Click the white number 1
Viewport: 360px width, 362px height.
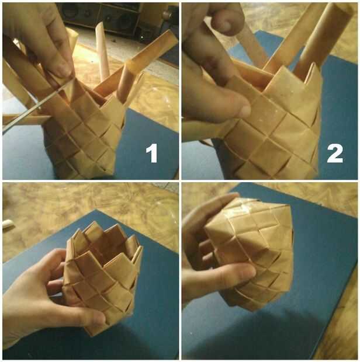152,152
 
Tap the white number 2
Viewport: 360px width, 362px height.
335,152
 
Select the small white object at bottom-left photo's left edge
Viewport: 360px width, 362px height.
8,224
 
